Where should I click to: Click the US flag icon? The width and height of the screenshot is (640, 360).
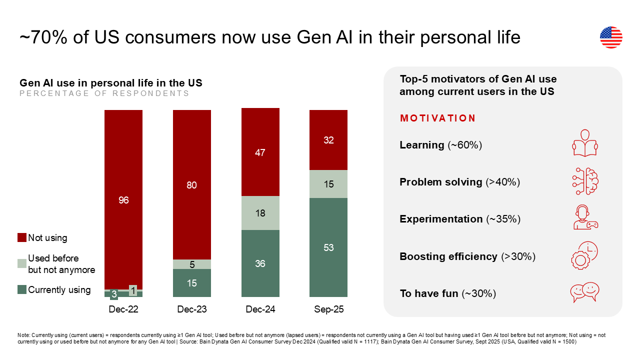(611, 37)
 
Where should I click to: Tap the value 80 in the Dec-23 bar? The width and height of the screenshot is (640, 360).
(191, 185)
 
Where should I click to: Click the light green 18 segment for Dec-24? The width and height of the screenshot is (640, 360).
(260, 212)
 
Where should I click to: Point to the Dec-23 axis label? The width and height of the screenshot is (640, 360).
(191, 309)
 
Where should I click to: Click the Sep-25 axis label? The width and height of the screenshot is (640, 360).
(328, 309)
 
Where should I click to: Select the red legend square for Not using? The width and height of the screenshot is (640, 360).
(22, 237)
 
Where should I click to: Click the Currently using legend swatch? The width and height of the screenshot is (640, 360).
(22, 289)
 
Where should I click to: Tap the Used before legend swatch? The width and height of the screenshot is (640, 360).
(22, 263)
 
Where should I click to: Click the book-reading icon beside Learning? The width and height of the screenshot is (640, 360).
(584, 143)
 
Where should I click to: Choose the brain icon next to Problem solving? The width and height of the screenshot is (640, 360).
(584, 181)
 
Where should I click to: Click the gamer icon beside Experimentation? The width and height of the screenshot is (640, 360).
(584, 218)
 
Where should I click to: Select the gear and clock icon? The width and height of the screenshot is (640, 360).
(584, 255)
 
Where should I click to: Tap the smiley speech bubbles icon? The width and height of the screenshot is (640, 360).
(584, 292)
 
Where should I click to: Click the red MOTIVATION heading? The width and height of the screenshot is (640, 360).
(437, 118)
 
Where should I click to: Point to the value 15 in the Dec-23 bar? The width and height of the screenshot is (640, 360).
(191, 283)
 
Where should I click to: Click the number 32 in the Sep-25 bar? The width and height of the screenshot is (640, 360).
(328, 140)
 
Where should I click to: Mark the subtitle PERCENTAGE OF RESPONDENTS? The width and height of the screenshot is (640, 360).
(104, 93)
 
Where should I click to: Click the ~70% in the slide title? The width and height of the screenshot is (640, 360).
(43, 38)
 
